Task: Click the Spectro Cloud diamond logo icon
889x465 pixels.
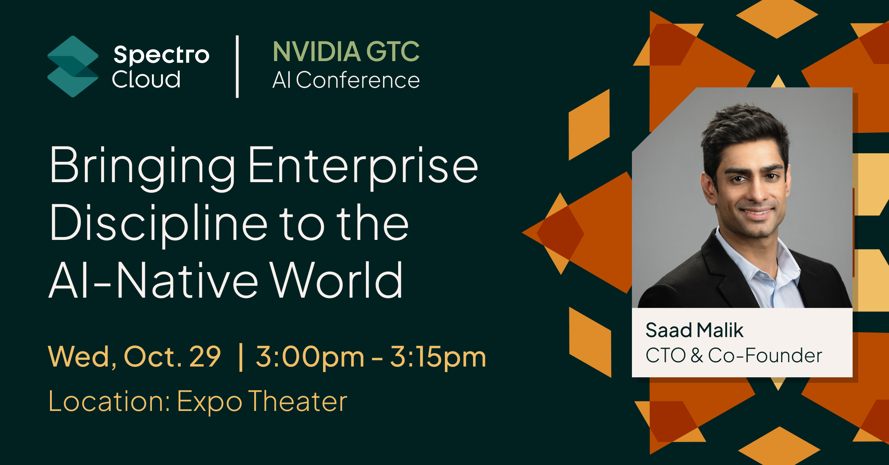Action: [73, 67]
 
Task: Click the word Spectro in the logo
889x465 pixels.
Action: [161, 55]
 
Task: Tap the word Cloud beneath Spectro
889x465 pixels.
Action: [146, 79]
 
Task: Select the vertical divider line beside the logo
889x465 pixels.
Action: [237, 67]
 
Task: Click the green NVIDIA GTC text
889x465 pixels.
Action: [346, 51]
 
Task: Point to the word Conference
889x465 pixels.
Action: [357, 80]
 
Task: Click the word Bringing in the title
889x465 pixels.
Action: [143, 165]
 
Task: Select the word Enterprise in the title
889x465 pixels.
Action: [363, 165]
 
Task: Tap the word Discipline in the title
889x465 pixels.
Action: [159, 223]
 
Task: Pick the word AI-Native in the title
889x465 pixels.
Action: [153, 280]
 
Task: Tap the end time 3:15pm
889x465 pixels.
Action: [438, 357]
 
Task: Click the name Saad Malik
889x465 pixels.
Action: [694, 330]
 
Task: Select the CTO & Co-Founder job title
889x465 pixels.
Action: [733, 355]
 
